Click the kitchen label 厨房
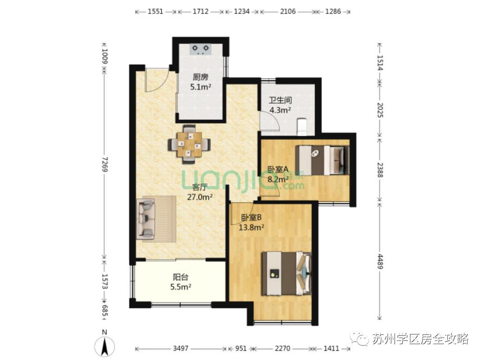(x=201, y=77)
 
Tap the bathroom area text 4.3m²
(x=280, y=110)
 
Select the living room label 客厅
(x=200, y=187)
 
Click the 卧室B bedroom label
(x=251, y=217)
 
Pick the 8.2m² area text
(x=278, y=179)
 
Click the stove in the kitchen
(x=201, y=49)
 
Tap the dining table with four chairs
(x=190, y=144)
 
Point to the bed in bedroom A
(x=322, y=160)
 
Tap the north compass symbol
(x=105, y=344)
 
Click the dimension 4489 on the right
(x=379, y=261)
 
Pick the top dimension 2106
(x=288, y=12)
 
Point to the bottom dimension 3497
(x=181, y=348)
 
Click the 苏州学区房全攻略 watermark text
(x=420, y=339)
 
